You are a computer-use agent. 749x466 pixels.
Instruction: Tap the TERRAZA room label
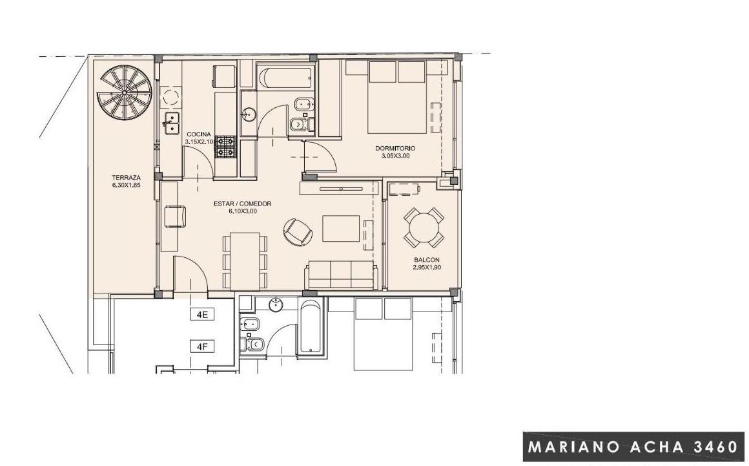click(126, 177)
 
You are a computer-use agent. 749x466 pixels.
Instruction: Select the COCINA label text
click(199, 134)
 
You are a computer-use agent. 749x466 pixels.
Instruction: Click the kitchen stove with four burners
click(225, 147)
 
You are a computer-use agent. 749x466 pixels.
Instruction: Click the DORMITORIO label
click(395, 148)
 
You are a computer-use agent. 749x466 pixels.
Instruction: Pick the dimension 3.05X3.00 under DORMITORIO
click(395, 156)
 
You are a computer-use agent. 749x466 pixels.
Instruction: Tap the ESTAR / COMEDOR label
click(243, 204)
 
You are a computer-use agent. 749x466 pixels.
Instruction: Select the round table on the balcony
click(424, 228)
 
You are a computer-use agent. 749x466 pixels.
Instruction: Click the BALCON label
click(427, 260)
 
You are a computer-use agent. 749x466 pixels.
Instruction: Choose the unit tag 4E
click(202, 315)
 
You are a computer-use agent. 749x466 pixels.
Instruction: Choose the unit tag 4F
click(202, 346)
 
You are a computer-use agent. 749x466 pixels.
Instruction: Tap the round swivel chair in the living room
click(297, 232)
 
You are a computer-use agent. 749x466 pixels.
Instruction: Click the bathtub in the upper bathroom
click(285, 78)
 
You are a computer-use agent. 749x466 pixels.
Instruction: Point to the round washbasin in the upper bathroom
click(249, 114)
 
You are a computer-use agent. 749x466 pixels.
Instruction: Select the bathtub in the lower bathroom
click(311, 328)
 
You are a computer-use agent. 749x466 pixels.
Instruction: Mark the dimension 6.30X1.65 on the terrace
click(126, 184)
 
